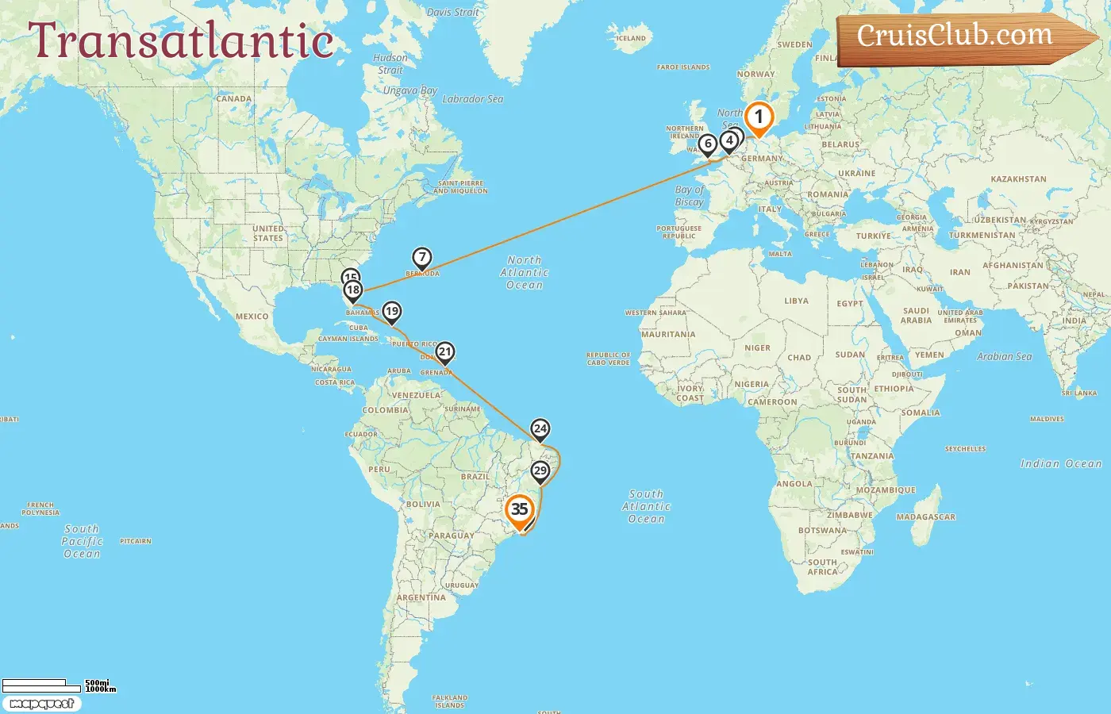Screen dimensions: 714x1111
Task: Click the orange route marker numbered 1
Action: (759, 118)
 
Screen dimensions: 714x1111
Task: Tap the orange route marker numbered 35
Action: (520, 510)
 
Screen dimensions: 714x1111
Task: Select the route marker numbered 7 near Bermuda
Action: (422, 258)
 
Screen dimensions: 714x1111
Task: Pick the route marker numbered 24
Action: (540, 429)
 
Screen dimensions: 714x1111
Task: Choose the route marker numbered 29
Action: (540, 471)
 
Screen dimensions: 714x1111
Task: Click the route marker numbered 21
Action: (445, 352)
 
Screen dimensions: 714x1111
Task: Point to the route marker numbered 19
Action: (392, 312)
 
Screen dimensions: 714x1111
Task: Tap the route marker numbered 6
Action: (708, 144)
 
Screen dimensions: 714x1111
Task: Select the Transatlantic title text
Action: (181, 40)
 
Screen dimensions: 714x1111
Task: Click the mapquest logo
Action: (41, 704)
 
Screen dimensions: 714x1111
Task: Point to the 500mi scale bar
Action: (35, 683)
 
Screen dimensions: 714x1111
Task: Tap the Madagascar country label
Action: (925, 517)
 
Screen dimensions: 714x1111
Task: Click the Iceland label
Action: (631, 38)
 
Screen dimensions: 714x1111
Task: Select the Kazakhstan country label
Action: (1018, 179)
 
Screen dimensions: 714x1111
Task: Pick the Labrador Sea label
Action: (472, 99)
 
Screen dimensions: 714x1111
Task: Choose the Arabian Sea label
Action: (1004, 357)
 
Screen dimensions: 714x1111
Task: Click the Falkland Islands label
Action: (449, 701)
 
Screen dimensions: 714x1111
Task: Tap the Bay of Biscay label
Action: (689, 196)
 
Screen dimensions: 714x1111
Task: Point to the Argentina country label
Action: (421, 597)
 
